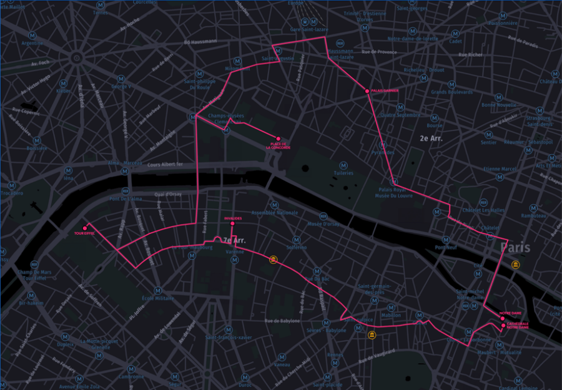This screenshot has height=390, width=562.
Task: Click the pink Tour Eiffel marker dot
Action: click(84, 228)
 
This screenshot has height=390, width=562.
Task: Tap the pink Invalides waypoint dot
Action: click(232, 223)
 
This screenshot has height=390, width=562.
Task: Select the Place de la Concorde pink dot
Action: click(278, 139)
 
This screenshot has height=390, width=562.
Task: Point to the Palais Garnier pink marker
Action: click(367, 91)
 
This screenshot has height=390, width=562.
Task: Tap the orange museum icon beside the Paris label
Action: click(515, 266)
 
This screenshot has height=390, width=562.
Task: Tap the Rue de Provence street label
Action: click(378, 52)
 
